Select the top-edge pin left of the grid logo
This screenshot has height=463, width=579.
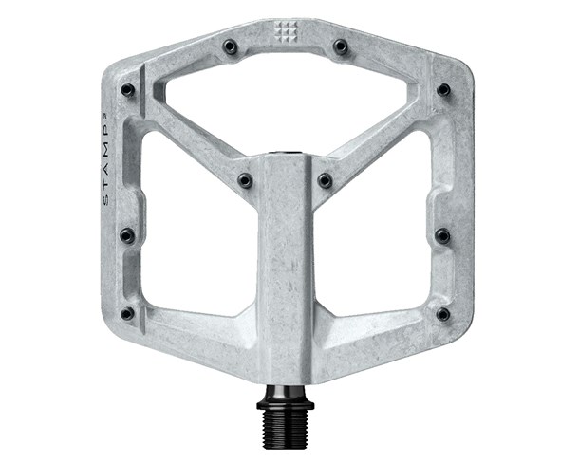[230, 45]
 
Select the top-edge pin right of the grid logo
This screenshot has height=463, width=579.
[340, 45]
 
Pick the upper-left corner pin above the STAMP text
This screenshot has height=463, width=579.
[127, 90]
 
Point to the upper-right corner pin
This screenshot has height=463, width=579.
[442, 90]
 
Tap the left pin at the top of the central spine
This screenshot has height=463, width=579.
[245, 179]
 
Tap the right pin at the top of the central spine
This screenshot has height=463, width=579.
[326, 179]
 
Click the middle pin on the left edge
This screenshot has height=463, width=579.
[127, 234]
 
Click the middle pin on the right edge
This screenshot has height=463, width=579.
[442, 234]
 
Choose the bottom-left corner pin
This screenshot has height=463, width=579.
[127, 313]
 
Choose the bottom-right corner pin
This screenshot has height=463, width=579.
[442, 313]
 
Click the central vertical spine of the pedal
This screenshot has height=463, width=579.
[286, 256]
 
